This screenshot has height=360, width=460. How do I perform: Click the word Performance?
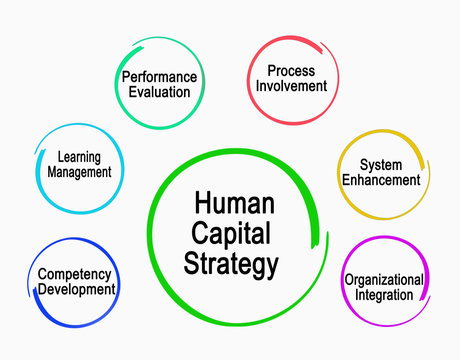tap(159, 76)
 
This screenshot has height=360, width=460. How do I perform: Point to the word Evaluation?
tap(159, 92)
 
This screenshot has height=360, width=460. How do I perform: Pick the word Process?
tap(291, 70)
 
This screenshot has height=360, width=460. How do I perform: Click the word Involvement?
tap(291, 86)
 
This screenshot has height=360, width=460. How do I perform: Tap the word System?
tap(381, 165)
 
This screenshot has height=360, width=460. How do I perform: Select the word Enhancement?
tap(381, 181)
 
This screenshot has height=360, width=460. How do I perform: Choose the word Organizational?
tap(383, 279)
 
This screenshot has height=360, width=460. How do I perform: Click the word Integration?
tap(383, 295)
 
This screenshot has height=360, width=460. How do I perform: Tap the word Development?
tap(77, 290)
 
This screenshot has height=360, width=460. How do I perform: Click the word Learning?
tap(79, 156)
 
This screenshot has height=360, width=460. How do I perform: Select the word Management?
tap(79, 172)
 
